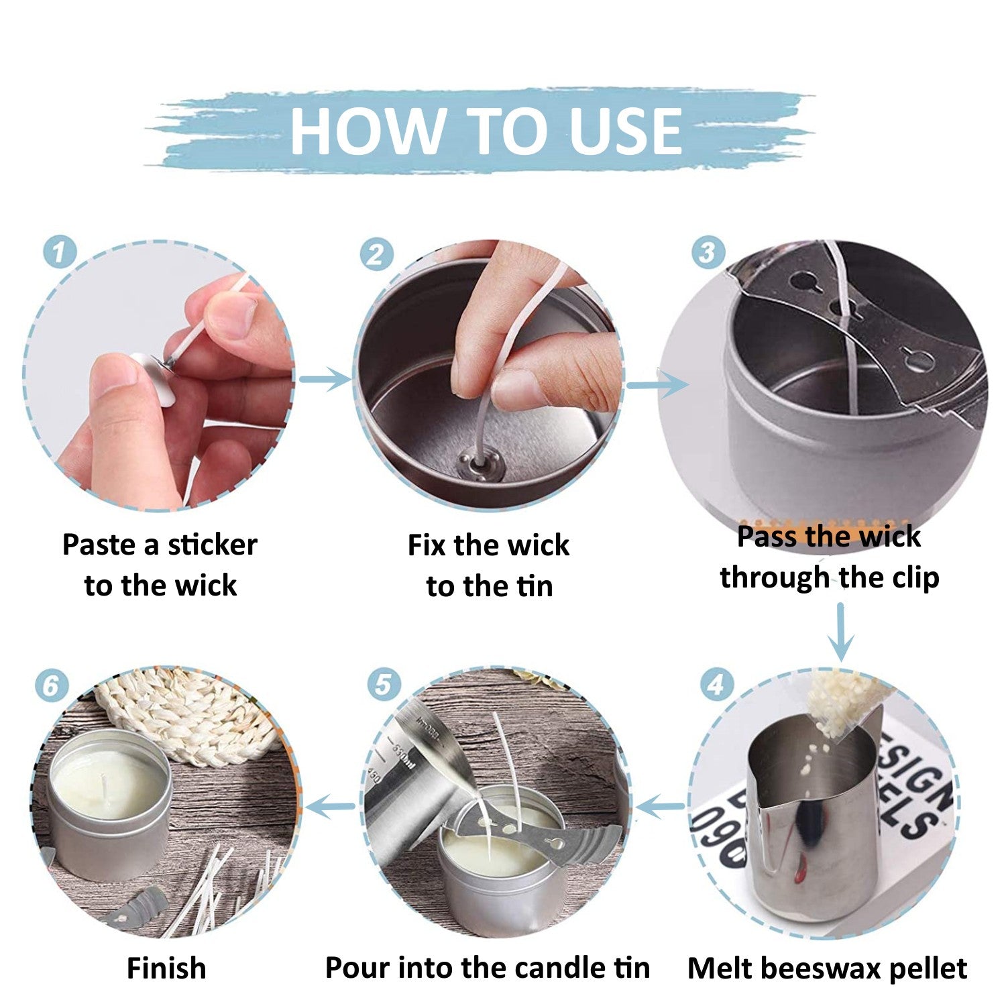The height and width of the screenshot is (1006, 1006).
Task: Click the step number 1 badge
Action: pyautogui.click(x=60, y=254)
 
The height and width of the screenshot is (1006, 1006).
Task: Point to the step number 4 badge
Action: pyautogui.click(x=716, y=685)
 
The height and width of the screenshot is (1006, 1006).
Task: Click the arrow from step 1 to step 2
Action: pyautogui.click(x=325, y=380)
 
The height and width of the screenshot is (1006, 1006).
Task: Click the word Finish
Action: pyautogui.click(x=166, y=968)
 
